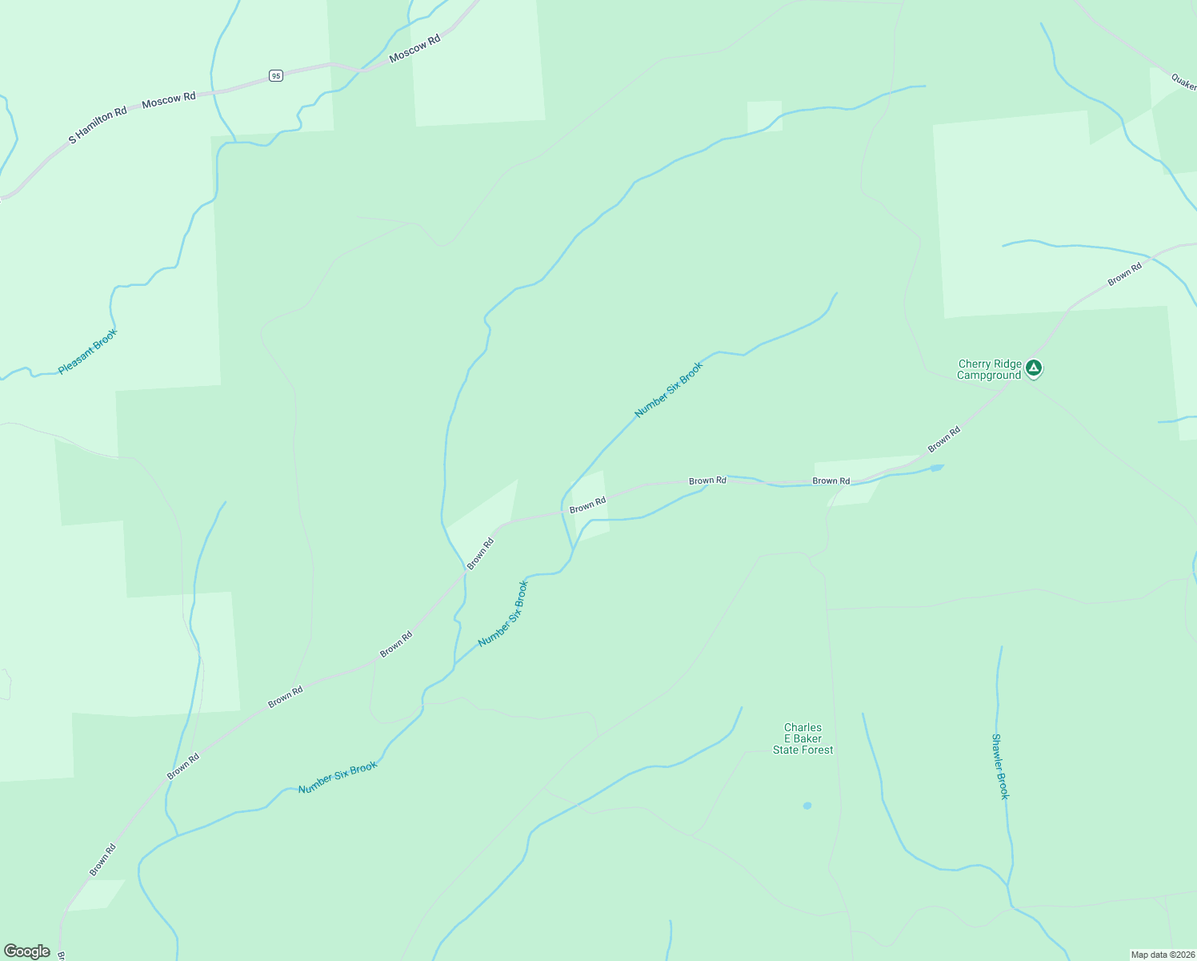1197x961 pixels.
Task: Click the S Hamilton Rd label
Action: pyautogui.click(x=98, y=125)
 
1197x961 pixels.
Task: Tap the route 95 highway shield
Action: pyautogui.click(x=275, y=75)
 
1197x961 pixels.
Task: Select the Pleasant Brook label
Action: pyautogui.click(x=88, y=352)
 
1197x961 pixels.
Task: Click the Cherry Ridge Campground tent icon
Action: pyautogui.click(x=1034, y=368)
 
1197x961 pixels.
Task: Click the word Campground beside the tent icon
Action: pyautogui.click(x=989, y=375)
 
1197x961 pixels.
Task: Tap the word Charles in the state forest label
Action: pyautogui.click(x=803, y=728)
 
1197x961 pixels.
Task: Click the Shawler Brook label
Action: pyautogui.click(x=1000, y=766)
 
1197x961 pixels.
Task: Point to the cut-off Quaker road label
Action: pyautogui.click(x=1183, y=82)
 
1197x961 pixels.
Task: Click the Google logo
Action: pyautogui.click(x=27, y=951)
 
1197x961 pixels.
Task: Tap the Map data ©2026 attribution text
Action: pyautogui.click(x=1161, y=955)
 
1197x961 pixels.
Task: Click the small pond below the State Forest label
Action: pyautogui.click(x=807, y=806)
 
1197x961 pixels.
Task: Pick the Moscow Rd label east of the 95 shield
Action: pyautogui.click(x=414, y=49)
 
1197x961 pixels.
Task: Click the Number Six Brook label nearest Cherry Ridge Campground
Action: pyautogui.click(x=668, y=390)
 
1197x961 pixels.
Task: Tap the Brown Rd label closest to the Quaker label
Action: pyautogui.click(x=1124, y=275)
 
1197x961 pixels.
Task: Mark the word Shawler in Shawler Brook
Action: pyautogui.click(x=998, y=754)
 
